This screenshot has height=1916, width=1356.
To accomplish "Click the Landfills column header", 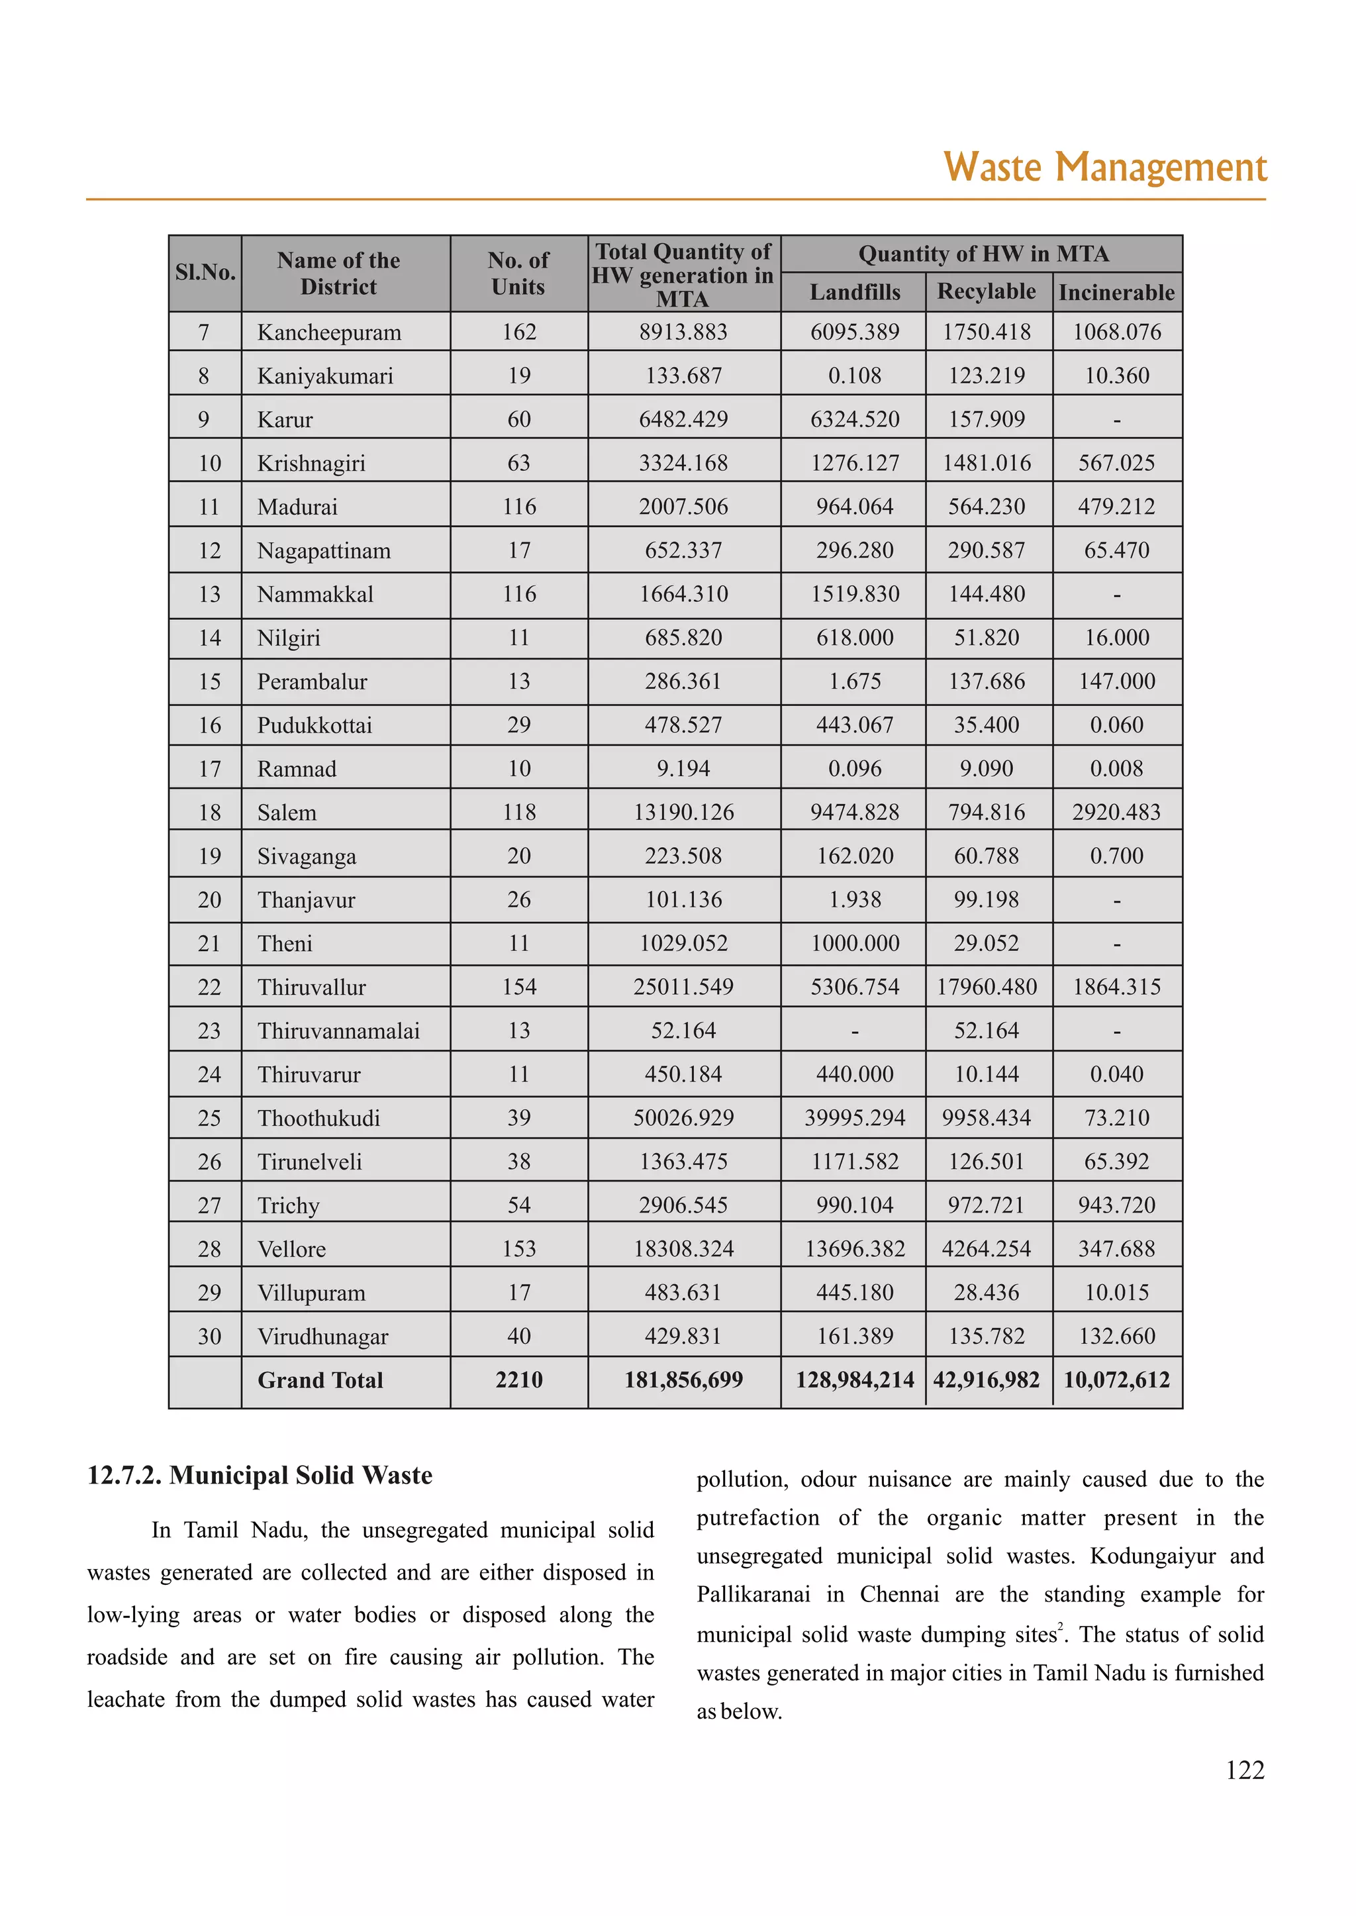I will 854,292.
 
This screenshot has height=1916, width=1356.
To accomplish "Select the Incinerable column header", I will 1116,292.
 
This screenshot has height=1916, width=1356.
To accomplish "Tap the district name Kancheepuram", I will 329,332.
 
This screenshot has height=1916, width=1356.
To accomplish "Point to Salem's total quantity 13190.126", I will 683,812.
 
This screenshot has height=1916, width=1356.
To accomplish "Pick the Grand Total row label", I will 320,1380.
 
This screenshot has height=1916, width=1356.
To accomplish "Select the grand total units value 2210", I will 518,1380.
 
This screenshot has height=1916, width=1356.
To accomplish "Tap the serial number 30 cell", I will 210,1336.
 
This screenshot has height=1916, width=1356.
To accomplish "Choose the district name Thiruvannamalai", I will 338,1031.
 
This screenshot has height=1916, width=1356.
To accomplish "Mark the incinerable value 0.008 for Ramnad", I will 1116,768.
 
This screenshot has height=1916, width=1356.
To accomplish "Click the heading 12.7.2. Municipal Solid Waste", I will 260,1475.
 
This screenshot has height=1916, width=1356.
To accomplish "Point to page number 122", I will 1244,1770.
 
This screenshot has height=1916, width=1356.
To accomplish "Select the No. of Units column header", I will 518,273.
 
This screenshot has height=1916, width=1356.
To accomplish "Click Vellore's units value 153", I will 518,1248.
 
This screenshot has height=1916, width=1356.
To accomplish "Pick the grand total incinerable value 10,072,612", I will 1116,1380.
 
